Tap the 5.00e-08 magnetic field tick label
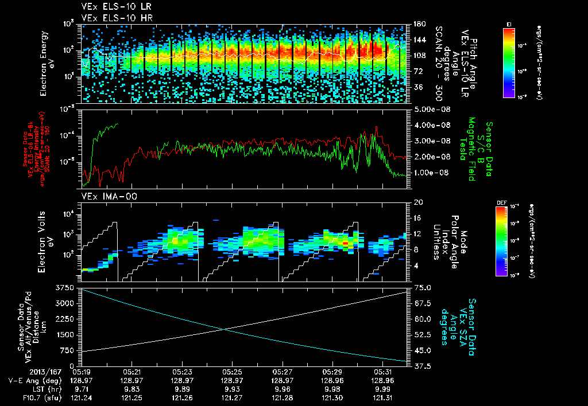[x=430, y=109]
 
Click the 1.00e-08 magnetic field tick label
[x=430, y=173]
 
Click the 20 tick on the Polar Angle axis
[x=415, y=202]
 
